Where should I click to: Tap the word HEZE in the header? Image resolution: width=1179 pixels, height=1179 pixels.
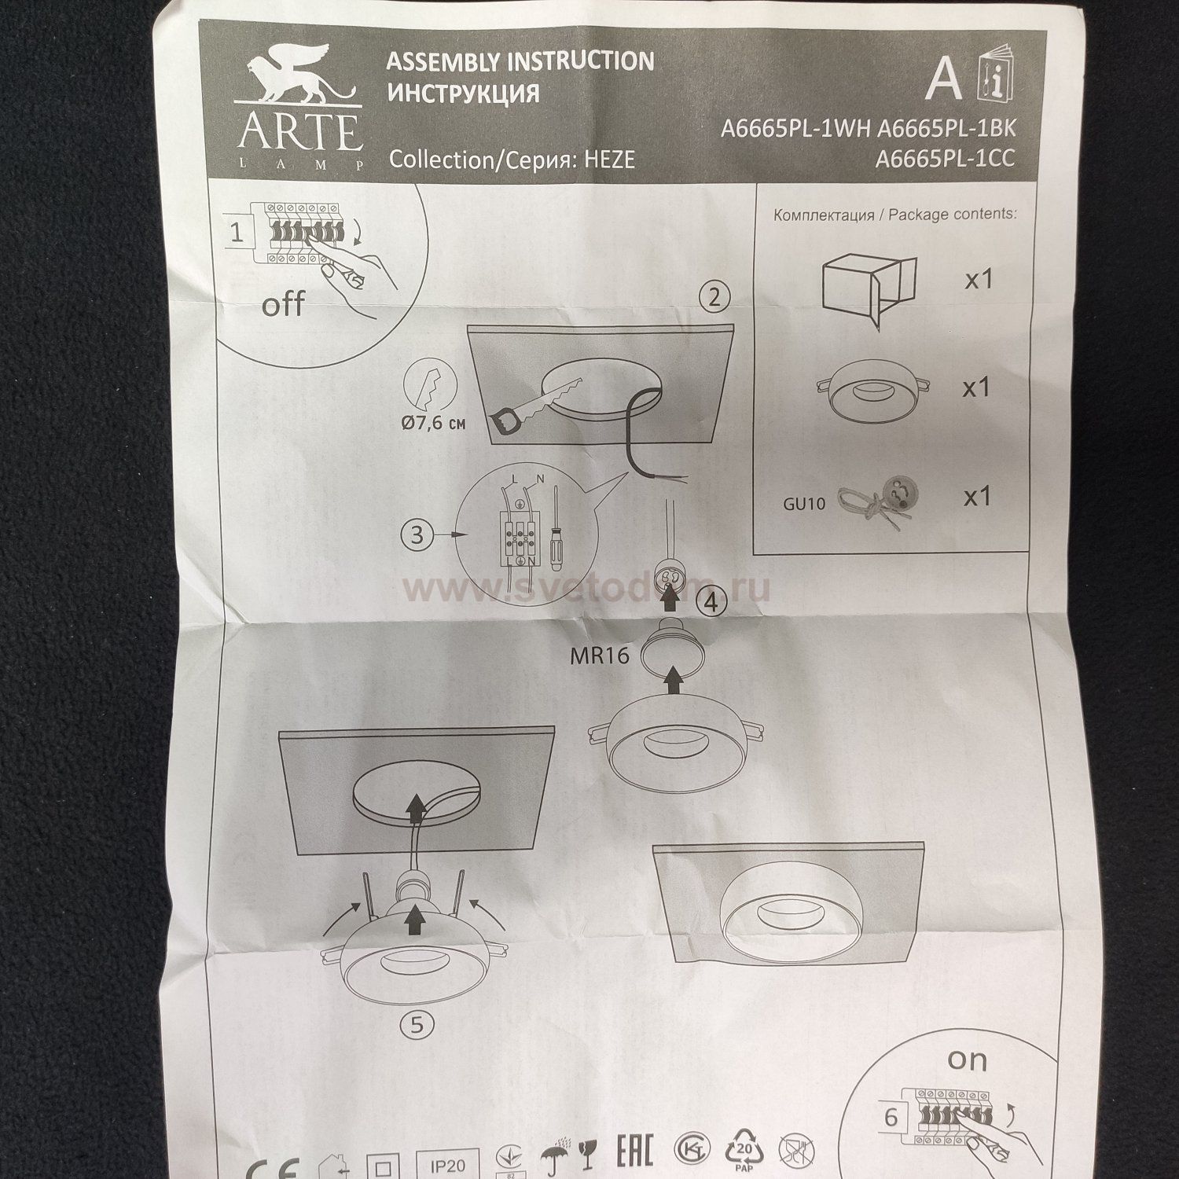click(608, 160)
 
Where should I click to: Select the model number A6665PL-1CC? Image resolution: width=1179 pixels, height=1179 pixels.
click(945, 159)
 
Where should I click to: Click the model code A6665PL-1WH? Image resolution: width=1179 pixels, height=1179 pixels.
click(795, 129)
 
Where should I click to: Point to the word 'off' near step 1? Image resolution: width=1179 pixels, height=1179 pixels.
click(282, 304)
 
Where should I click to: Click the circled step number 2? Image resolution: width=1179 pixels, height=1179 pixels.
click(714, 297)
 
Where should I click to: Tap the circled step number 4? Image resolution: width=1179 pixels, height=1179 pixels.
click(711, 602)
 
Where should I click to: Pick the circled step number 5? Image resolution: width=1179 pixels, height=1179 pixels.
click(417, 1024)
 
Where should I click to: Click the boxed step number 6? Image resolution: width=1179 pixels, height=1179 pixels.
click(890, 1117)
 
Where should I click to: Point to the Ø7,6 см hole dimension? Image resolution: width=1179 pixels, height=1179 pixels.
click(433, 423)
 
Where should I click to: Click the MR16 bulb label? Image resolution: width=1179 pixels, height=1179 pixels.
click(600, 656)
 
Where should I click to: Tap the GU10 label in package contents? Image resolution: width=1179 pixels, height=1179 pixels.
click(804, 504)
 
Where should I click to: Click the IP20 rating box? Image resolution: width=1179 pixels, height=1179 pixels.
click(447, 1164)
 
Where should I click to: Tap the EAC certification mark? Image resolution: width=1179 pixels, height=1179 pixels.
click(634, 1153)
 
